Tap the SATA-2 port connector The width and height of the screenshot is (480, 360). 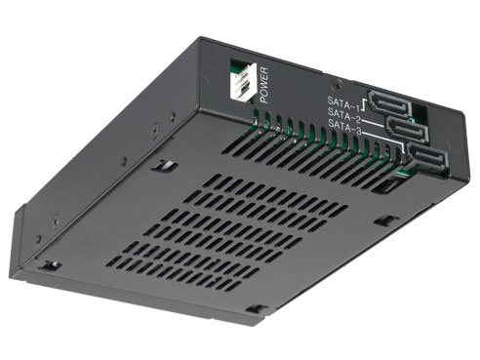pyautogui.click(x=405, y=129)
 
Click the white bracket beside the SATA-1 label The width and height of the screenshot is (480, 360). pyautogui.click(x=366, y=101)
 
